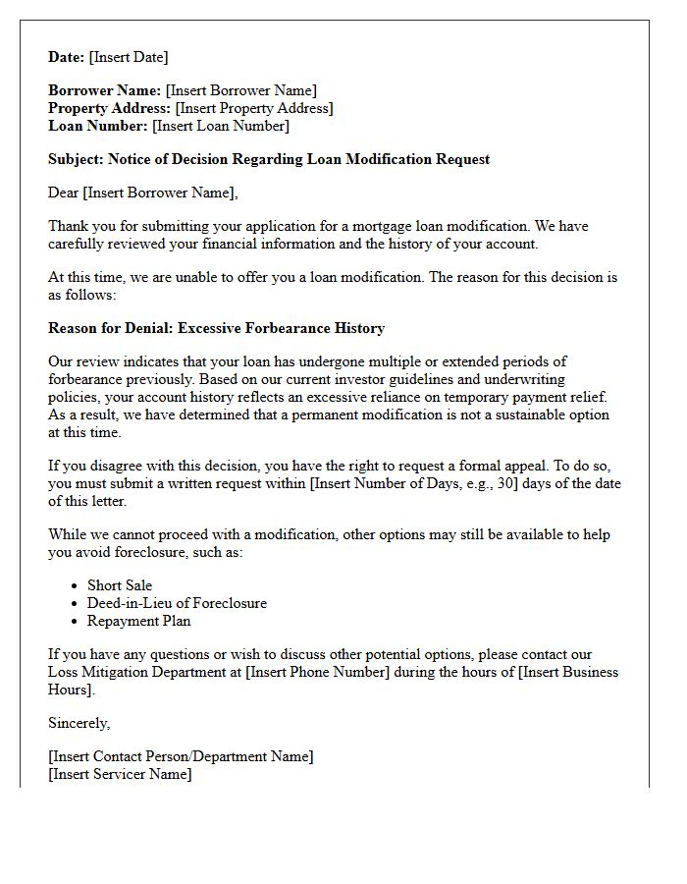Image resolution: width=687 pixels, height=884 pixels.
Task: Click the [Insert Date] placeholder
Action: click(x=129, y=57)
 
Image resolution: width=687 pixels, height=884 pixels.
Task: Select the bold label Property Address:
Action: click(x=110, y=108)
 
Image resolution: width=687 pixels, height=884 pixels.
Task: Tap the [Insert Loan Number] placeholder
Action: click(x=221, y=126)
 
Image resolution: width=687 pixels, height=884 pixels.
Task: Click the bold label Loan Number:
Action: click(x=98, y=126)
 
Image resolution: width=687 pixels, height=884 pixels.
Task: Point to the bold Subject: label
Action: click(x=76, y=159)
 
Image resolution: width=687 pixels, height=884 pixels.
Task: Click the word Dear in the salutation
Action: click(x=64, y=193)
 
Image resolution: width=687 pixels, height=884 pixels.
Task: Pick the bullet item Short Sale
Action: click(x=120, y=585)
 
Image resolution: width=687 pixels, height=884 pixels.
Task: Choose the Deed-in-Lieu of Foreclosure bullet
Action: click(x=177, y=603)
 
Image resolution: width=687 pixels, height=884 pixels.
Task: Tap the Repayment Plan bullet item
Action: click(x=139, y=621)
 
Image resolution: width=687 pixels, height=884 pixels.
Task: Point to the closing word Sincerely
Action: click(x=79, y=723)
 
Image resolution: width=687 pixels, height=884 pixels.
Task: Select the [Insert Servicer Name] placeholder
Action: click(x=120, y=774)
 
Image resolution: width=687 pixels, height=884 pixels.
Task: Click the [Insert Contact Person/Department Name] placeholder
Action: click(x=181, y=756)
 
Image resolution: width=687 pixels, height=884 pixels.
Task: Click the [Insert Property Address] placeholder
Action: click(x=254, y=108)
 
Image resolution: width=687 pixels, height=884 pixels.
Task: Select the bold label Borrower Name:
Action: click(x=105, y=90)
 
